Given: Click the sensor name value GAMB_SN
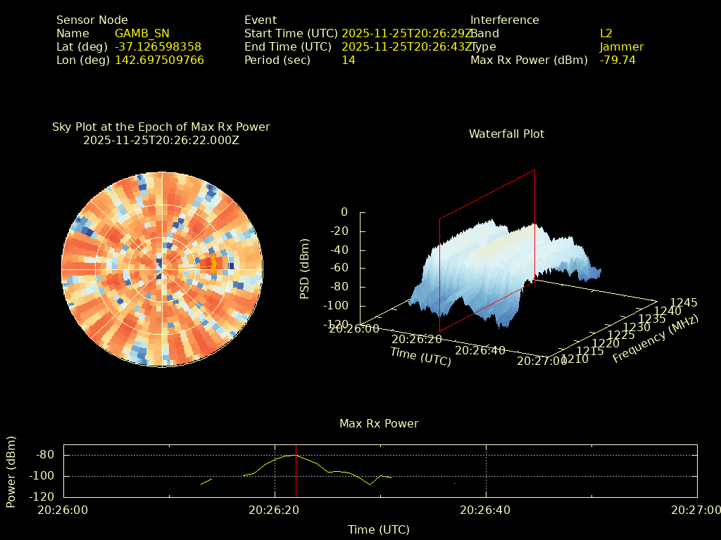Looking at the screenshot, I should [142, 33].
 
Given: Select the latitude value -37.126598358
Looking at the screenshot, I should [158, 46].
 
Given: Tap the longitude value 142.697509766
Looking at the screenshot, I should [159, 60].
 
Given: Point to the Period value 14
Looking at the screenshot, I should [348, 60].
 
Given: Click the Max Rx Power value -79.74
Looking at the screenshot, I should [617, 60].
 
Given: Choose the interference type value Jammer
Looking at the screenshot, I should [621, 46].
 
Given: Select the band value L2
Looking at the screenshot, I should [606, 33].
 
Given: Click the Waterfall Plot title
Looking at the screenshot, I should [506, 134].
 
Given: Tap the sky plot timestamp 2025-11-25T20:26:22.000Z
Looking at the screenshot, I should [161, 140].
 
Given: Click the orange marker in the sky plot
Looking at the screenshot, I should [213, 264].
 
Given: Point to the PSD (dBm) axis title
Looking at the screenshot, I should [305, 269].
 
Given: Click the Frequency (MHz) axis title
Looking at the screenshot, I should [655, 339].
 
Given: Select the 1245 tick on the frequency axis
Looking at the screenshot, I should [684, 302].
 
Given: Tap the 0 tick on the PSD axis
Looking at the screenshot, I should [344, 212].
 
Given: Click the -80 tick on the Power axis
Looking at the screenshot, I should [45, 454].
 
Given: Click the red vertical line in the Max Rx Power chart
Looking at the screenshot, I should [296, 471].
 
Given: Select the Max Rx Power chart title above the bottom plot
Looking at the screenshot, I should [379, 423].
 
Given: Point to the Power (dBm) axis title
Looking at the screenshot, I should [11, 471].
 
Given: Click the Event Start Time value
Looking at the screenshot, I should [406, 33].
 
